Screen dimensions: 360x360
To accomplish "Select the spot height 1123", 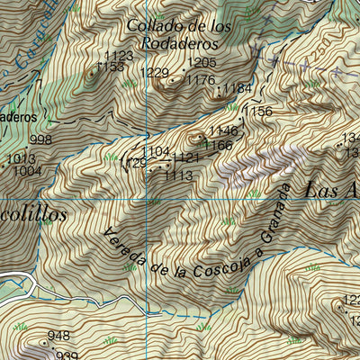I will click(x=119, y=56).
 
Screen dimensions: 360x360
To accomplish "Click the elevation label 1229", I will click(x=155, y=73).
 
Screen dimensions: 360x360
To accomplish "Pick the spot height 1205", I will click(x=202, y=62).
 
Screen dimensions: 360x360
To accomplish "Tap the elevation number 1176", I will click(x=200, y=80).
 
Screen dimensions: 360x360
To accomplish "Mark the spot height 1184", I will click(x=237, y=87).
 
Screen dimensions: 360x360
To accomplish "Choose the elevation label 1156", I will click(x=257, y=112).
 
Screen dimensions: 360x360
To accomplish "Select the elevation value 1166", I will click(x=218, y=145).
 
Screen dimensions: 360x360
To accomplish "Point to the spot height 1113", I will click(x=178, y=175).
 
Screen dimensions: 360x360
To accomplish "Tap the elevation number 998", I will click(x=40, y=139).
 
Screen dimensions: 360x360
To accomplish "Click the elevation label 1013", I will click(x=20, y=159).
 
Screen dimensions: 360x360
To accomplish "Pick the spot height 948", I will click(x=58, y=336).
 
